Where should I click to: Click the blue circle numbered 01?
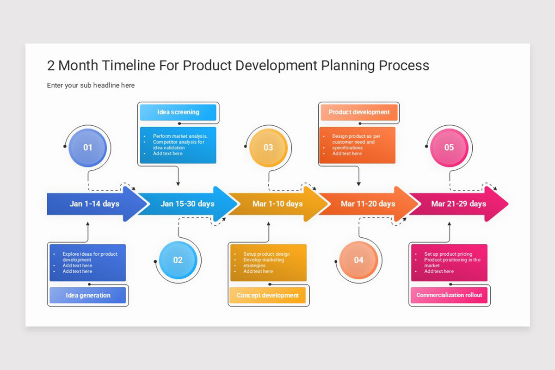[87, 148]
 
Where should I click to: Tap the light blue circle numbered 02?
[178, 260]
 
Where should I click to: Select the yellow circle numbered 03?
[268, 148]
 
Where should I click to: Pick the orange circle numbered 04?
[359, 260]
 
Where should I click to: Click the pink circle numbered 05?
[449, 148]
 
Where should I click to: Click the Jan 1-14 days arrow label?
[94, 204]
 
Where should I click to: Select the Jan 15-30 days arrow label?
[187, 204]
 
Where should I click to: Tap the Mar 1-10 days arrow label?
[277, 204]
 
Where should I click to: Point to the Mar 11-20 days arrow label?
[368, 204]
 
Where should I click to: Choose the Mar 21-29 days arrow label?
[458, 204]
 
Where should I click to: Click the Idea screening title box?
[178, 112]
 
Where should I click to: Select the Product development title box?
[359, 112]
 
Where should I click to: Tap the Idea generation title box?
[88, 295]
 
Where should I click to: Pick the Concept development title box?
[268, 295]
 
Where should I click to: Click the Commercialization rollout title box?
[449, 295]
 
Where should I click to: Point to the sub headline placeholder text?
[91, 86]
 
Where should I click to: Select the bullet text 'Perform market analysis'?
[180, 136]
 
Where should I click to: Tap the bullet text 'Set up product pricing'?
[448, 254]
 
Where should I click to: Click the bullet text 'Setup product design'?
[267, 254]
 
